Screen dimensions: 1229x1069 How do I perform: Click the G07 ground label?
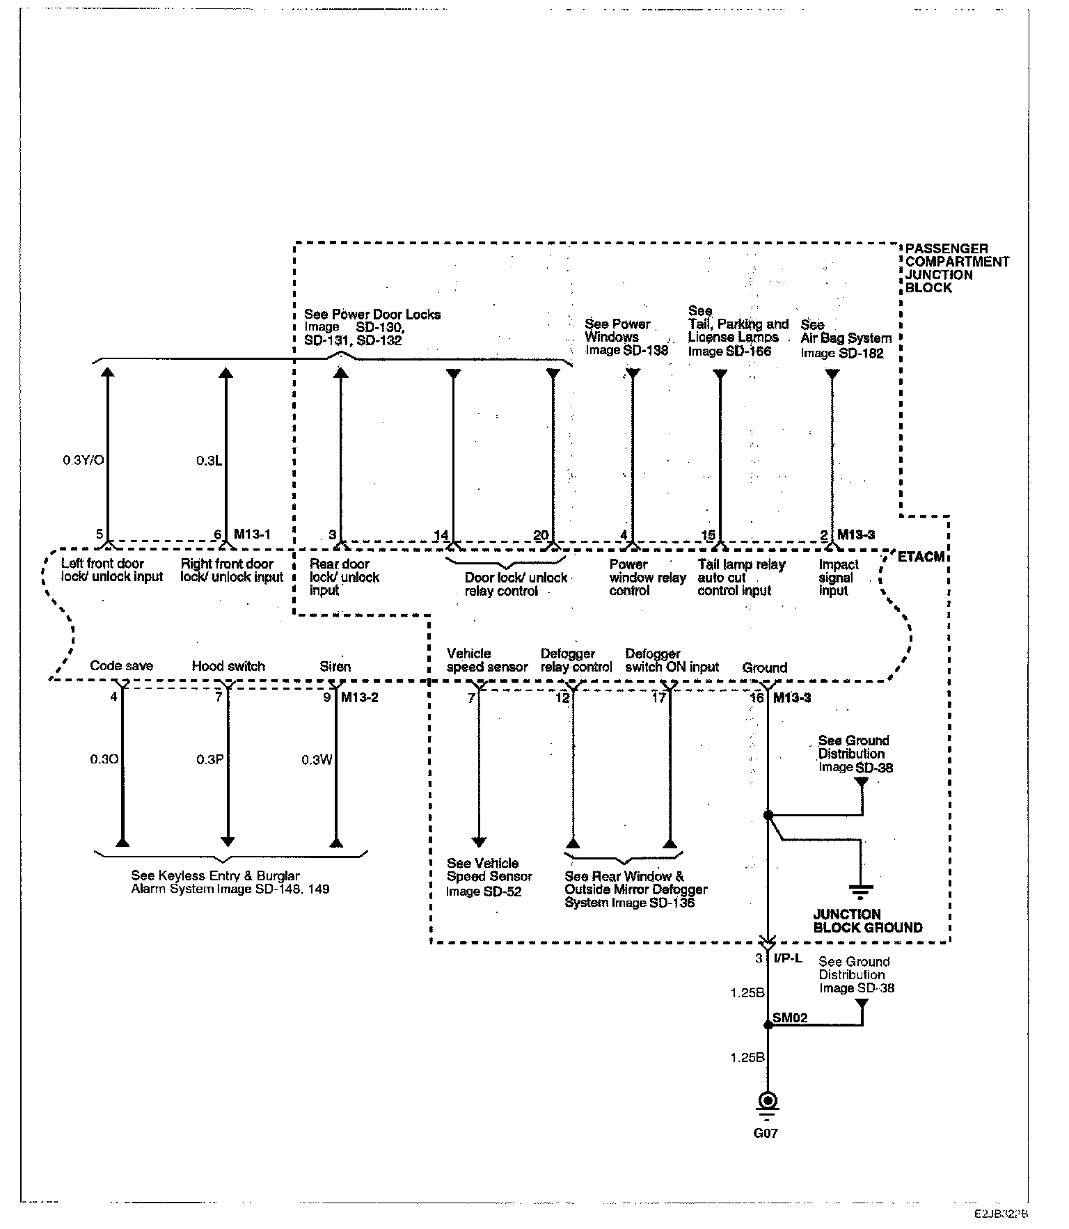766,1133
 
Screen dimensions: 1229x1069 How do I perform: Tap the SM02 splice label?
790,1018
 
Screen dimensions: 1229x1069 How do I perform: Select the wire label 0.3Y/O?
84,460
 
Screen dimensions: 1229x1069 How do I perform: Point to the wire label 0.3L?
209,460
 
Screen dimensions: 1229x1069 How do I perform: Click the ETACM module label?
921,557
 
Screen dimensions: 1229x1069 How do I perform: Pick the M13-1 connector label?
252,534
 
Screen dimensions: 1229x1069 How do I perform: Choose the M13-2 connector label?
359,697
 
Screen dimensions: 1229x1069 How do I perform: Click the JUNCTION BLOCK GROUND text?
867,921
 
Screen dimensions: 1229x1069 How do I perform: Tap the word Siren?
335,666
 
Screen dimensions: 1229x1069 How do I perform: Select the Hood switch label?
228,666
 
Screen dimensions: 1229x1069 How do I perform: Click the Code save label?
121,666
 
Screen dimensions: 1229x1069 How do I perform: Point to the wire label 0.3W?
317,760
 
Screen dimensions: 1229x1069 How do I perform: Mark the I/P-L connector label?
788,958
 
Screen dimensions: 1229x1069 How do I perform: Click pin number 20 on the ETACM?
541,535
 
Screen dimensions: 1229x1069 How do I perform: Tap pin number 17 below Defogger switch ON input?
658,697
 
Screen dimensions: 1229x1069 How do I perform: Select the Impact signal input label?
838,578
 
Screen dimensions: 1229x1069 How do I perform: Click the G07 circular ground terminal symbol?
768,1101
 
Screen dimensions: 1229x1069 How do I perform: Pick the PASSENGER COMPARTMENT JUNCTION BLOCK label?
956,268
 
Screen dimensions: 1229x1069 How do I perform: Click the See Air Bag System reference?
845,339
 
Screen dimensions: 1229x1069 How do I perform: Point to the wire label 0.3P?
209,760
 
